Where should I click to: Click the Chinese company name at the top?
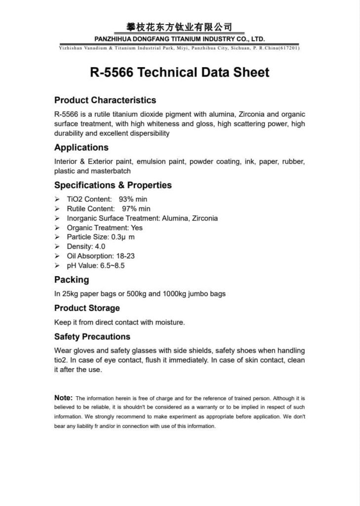[x=180, y=27]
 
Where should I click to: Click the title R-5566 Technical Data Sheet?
[x=180, y=73]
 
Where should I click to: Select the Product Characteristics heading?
[x=105, y=100]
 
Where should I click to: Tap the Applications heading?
[x=81, y=147]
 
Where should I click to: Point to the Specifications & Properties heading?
[x=113, y=185]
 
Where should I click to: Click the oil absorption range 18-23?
[x=125, y=256]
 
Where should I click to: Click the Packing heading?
[x=72, y=280]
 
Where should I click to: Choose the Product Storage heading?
[x=87, y=308]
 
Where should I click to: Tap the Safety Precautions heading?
[x=92, y=337]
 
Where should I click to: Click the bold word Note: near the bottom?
[x=64, y=397]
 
